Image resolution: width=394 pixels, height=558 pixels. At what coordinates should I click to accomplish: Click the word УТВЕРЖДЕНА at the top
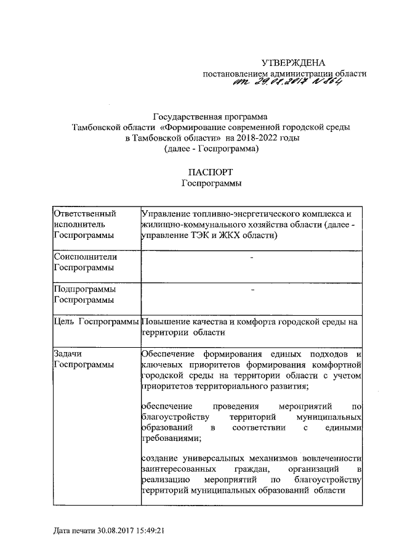click(x=292, y=63)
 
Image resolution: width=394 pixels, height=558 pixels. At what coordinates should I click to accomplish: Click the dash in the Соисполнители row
click(x=252, y=257)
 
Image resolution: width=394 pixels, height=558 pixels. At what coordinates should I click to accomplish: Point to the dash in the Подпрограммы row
click(x=252, y=290)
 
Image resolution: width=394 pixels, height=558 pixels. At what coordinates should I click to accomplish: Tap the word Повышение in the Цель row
click(x=163, y=321)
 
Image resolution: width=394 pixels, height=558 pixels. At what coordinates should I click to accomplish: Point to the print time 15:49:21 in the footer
click(x=152, y=530)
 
